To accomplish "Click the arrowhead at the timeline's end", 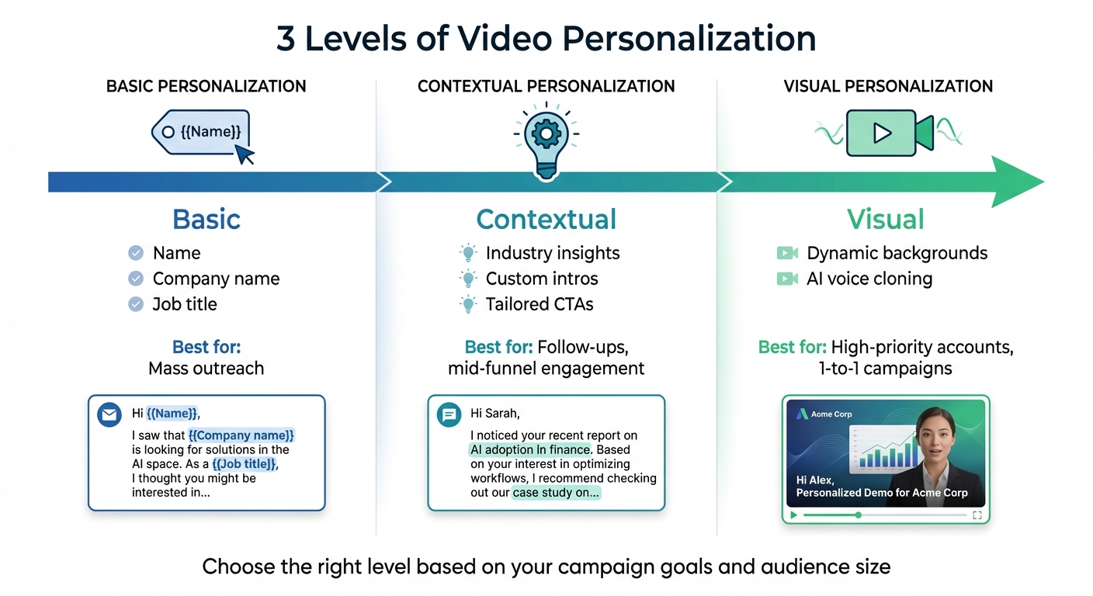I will pyautogui.click(x=1017, y=182).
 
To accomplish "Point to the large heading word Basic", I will pyautogui.click(x=206, y=219).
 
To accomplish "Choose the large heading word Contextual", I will pyautogui.click(x=546, y=219).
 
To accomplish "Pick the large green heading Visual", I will pyautogui.click(x=886, y=219).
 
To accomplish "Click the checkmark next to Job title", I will pyautogui.click(x=136, y=304).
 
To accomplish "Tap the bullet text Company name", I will pyautogui.click(x=216, y=279).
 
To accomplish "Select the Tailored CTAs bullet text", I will pyautogui.click(x=540, y=304).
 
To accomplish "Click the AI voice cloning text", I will pyautogui.click(x=869, y=279).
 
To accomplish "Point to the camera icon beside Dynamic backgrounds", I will pyautogui.click(x=787, y=253).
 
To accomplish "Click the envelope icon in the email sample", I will pyautogui.click(x=109, y=414).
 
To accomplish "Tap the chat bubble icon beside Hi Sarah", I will pyautogui.click(x=449, y=414).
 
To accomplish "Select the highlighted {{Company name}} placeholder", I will pyautogui.click(x=241, y=436).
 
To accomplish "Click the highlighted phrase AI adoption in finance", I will pyautogui.click(x=530, y=449).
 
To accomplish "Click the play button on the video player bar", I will pyautogui.click(x=793, y=515).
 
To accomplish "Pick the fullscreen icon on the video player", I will pyautogui.click(x=977, y=515).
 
